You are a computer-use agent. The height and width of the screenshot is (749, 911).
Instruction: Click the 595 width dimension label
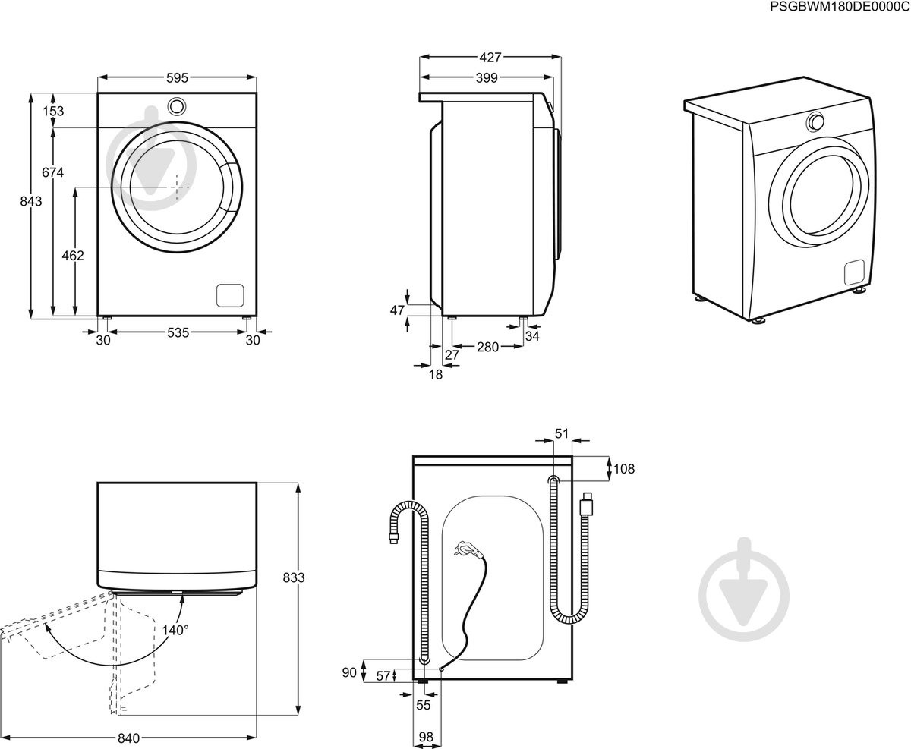[x=178, y=78]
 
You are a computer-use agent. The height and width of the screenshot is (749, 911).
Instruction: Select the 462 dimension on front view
[x=73, y=256]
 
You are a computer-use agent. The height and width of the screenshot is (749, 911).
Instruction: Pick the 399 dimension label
[x=486, y=77]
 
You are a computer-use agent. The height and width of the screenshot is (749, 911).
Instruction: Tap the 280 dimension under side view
[x=487, y=347]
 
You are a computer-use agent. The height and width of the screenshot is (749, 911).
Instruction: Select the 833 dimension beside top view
[x=295, y=577]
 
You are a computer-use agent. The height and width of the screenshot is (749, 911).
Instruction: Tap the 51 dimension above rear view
[x=562, y=433]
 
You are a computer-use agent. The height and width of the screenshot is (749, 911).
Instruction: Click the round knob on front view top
[x=176, y=105]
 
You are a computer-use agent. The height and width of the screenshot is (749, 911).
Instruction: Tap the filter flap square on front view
[x=230, y=294]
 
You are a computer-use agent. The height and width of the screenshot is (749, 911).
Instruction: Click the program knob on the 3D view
[x=816, y=121]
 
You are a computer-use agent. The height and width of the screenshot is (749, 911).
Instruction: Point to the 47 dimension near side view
[x=396, y=310]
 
